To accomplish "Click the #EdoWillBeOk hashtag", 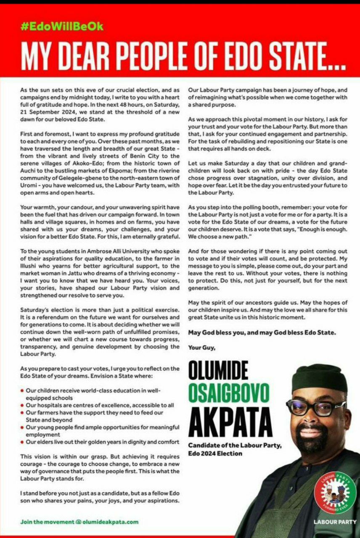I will pyautogui.click(x=62, y=26).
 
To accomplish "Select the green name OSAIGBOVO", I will pyautogui.click(x=228, y=394).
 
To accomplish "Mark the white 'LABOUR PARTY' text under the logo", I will pyautogui.click(x=335, y=522).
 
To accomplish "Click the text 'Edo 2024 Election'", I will pyautogui.click(x=215, y=453).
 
